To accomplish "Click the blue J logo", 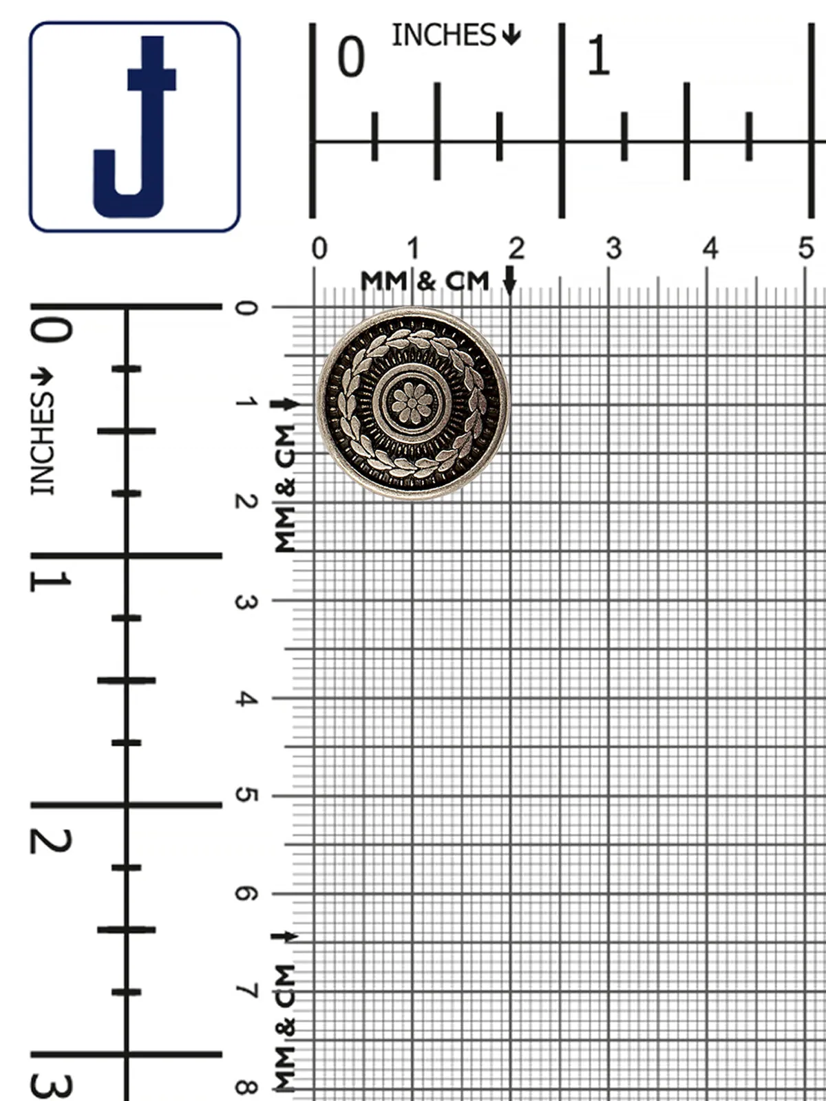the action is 135,127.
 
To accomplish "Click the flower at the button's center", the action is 412,403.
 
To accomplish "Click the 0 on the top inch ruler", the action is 351,57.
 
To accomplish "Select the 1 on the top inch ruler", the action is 598,56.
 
